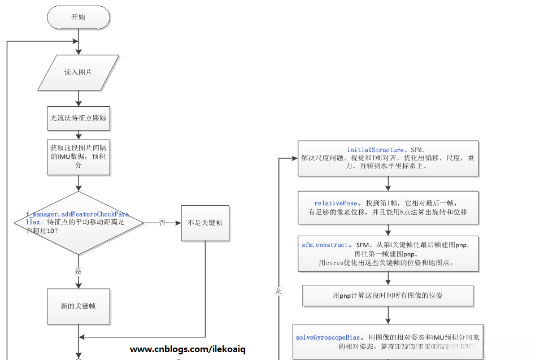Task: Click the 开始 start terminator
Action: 78,18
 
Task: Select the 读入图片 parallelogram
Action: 78,72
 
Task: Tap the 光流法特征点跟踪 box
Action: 78,119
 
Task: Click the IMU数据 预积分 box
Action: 78,157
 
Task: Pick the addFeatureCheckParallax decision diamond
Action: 78,223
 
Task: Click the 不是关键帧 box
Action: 204,223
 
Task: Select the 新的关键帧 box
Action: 78,306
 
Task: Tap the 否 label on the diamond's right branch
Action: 162,223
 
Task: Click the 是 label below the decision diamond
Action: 79,271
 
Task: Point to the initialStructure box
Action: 388,158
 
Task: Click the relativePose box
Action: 388,207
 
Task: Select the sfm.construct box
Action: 388,254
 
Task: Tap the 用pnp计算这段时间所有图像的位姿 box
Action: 388,295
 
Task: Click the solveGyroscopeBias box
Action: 388,341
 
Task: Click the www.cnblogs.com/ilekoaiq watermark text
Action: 188,350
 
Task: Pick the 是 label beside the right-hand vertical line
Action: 278,291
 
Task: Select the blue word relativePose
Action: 336,203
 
